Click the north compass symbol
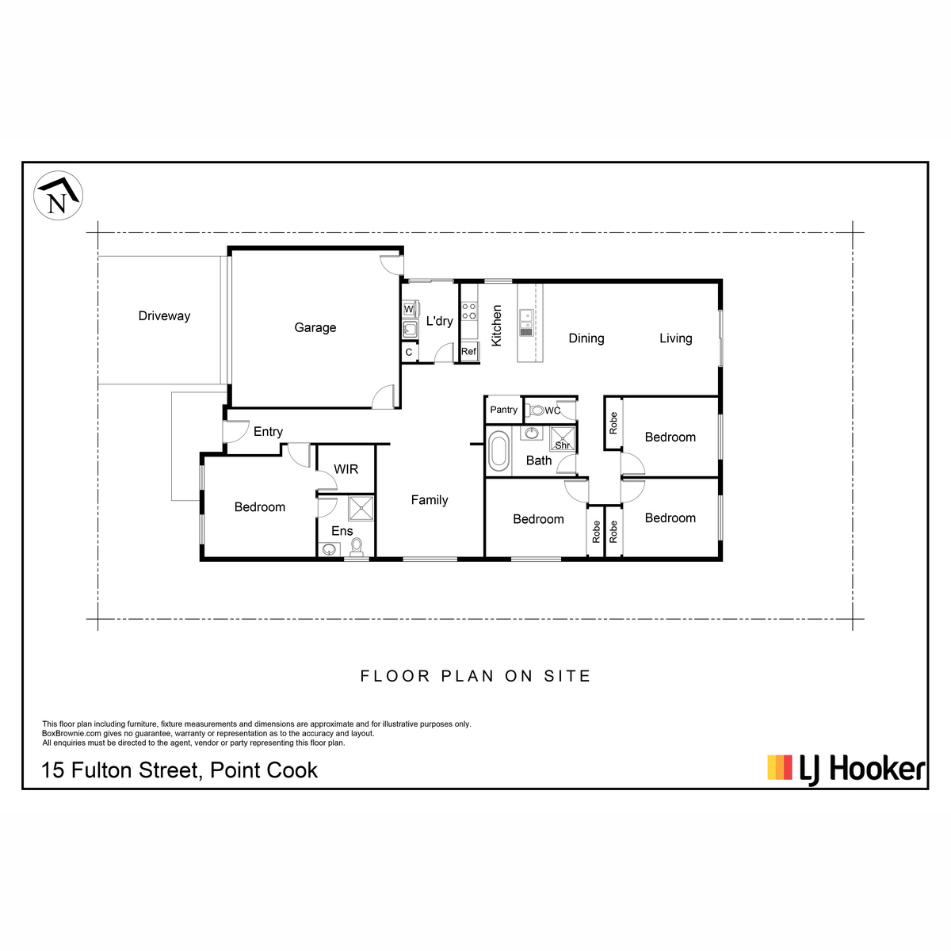pos(58,196)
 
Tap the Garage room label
pos(315,327)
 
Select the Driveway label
pos(164,315)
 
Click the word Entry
pos(268,431)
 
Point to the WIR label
pos(346,469)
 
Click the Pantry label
pos(503,410)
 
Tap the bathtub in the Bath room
pos(498,451)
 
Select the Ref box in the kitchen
pos(469,351)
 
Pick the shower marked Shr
pos(563,439)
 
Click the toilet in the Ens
pos(357,546)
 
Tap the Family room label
pos(430,500)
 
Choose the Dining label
pos(586,338)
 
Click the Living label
pos(676,338)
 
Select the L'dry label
pos(440,321)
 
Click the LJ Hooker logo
pos(846,768)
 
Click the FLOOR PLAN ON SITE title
pos(475,676)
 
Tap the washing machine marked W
pos(409,309)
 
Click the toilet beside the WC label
pos(536,410)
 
